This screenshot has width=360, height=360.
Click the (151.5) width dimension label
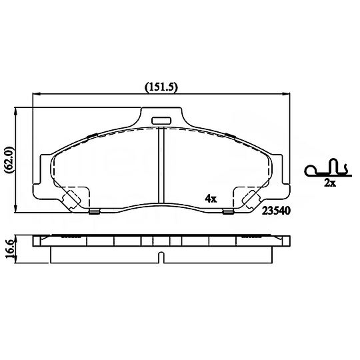(x=161, y=87)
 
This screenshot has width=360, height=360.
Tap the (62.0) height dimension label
(x=10, y=160)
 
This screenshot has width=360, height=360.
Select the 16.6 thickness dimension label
(x=10, y=249)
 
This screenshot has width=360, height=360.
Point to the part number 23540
(x=276, y=211)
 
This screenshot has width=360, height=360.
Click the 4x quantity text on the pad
(x=211, y=198)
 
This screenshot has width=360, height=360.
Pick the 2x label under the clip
(x=330, y=183)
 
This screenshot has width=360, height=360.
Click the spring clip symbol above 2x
(x=328, y=169)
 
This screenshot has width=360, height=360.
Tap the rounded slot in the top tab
(x=161, y=121)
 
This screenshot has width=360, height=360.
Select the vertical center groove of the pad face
(x=161, y=165)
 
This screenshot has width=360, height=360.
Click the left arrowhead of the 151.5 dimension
(x=37, y=94)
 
